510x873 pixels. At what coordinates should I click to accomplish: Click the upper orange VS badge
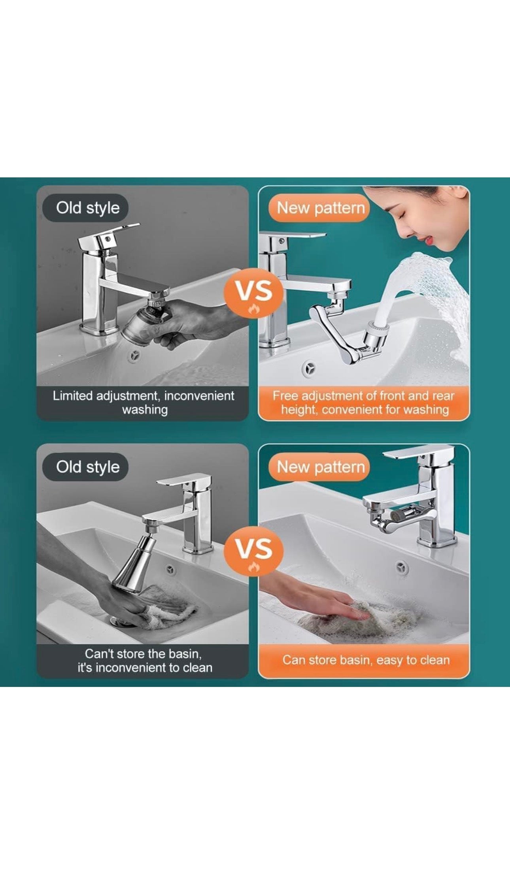pyautogui.click(x=253, y=293)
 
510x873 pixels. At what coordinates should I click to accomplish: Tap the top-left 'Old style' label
pyautogui.click(x=87, y=208)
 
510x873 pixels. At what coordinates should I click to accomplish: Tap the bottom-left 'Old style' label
pyautogui.click(x=87, y=467)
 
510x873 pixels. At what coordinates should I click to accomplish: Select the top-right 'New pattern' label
pyautogui.click(x=320, y=208)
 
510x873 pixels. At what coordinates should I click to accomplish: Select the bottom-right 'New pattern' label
pyautogui.click(x=320, y=467)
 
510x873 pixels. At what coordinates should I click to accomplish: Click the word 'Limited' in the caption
pyautogui.click(x=72, y=396)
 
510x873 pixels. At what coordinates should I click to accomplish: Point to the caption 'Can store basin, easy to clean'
pyautogui.click(x=366, y=660)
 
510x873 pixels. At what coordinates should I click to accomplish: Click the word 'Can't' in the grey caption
pyautogui.click(x=99, y=654)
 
